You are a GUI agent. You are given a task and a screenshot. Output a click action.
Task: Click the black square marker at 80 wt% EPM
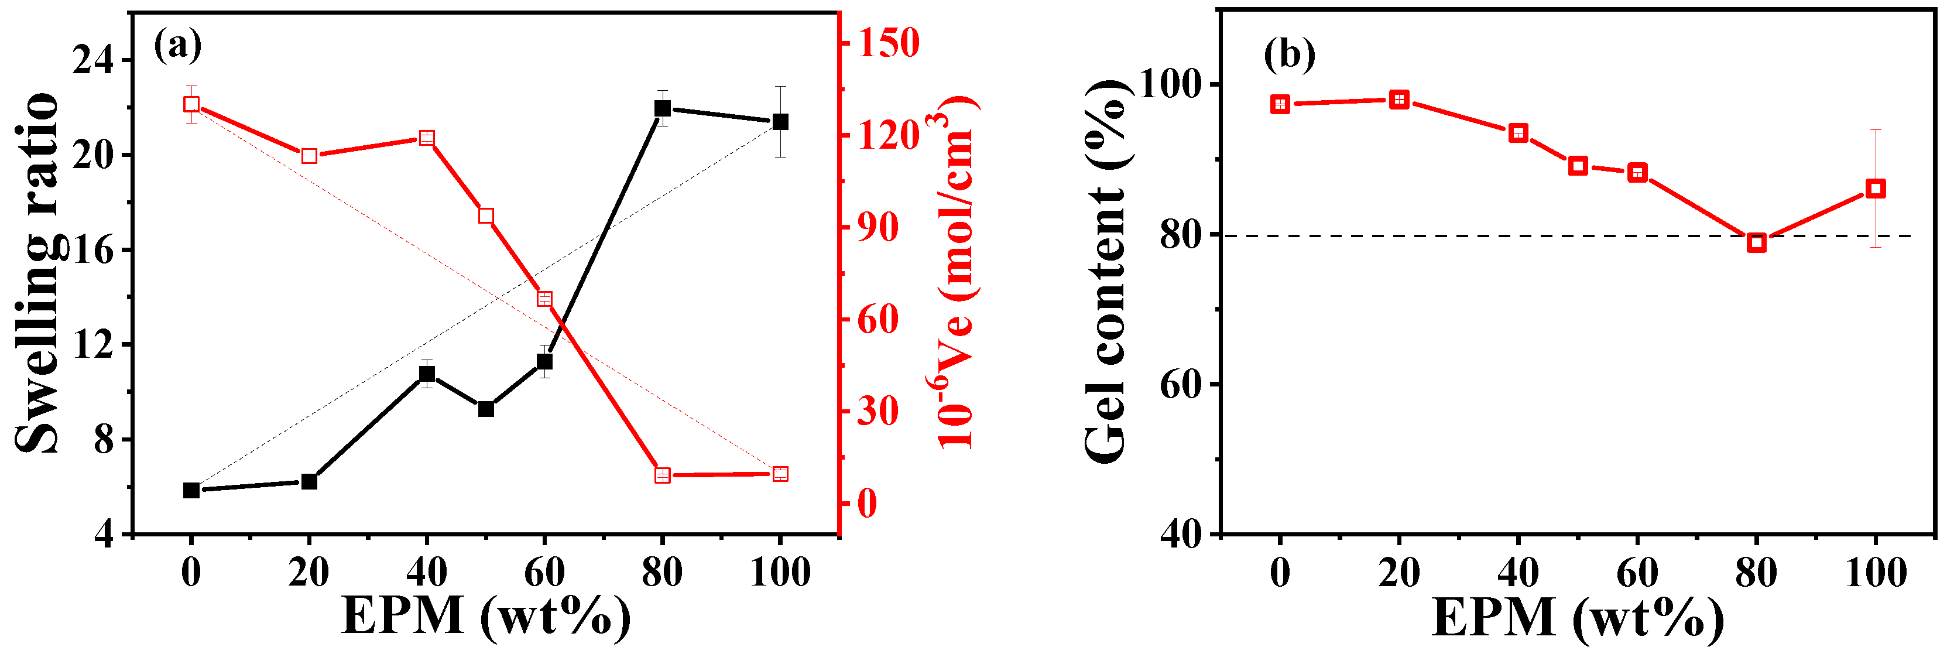(662, 108)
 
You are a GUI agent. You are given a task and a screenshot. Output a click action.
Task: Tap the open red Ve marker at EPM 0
(191, 104)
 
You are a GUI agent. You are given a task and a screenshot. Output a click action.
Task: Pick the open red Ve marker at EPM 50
(486, 216)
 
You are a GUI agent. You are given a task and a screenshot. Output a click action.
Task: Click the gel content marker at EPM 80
(1756, 242)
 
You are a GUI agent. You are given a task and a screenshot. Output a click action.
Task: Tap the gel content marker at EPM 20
(1399, 100)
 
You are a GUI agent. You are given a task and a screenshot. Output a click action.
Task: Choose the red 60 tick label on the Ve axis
(877, 319)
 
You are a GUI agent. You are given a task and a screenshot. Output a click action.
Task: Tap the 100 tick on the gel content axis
(1170, 85)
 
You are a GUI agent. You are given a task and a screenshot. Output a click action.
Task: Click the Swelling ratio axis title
(38, 272)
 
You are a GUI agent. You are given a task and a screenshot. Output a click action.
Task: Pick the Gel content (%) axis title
(1105, 272)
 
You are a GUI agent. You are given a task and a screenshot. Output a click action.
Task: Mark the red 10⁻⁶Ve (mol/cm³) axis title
(954, 272)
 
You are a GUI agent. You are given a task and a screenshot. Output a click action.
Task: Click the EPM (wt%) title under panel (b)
(1578, 618)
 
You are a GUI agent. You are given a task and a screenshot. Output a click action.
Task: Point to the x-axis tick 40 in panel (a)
(426, 572)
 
